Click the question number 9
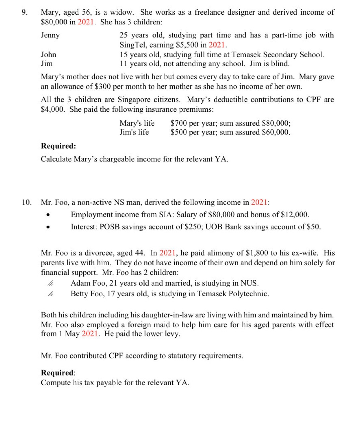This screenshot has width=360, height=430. pyautogui.click(x=24, y=13)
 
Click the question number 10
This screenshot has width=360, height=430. pyautogui.click(x=26, y=202)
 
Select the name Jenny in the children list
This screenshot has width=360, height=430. pyautogui.click(x=50, y=35)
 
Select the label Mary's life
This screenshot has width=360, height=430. pyautogui.click(x=137, y=123)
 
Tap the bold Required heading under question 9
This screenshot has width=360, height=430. pyautogui.click(x=58, y=146)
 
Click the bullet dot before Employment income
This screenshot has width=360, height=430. pyautogui.click(x=49, y=215)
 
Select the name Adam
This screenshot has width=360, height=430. pyautogui.click(x=80, y=283)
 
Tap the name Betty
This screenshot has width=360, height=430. pyautogui.click(x=80, y=294)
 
